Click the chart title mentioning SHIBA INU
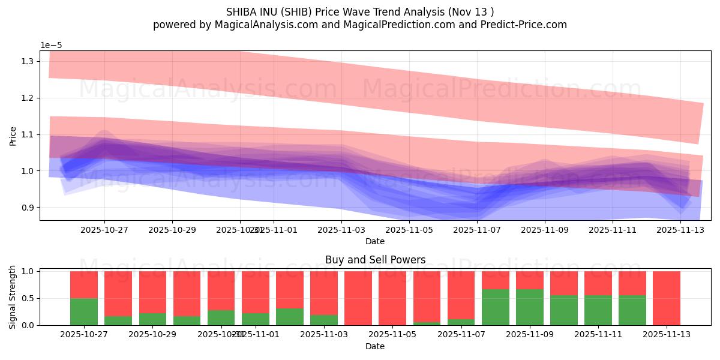(x=360, y=12)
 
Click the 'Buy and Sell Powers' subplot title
(x=375, y=260)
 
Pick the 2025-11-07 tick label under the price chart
(x=477, y=229)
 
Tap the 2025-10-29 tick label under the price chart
(x=172, y=229)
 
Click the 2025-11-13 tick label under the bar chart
(x=666, y=334)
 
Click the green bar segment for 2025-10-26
(x=84, y=312)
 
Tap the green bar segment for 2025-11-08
(x=496, y=307)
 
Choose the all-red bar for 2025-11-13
(x=667, y=298)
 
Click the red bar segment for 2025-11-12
(x=632, y=283)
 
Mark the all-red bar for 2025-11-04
(x=358, y=298)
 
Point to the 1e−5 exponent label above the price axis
(x=51, y=46)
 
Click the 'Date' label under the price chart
(x=375, y=241)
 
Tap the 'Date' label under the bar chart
(x=375, y=346)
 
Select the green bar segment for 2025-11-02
(x=290, y=317)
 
